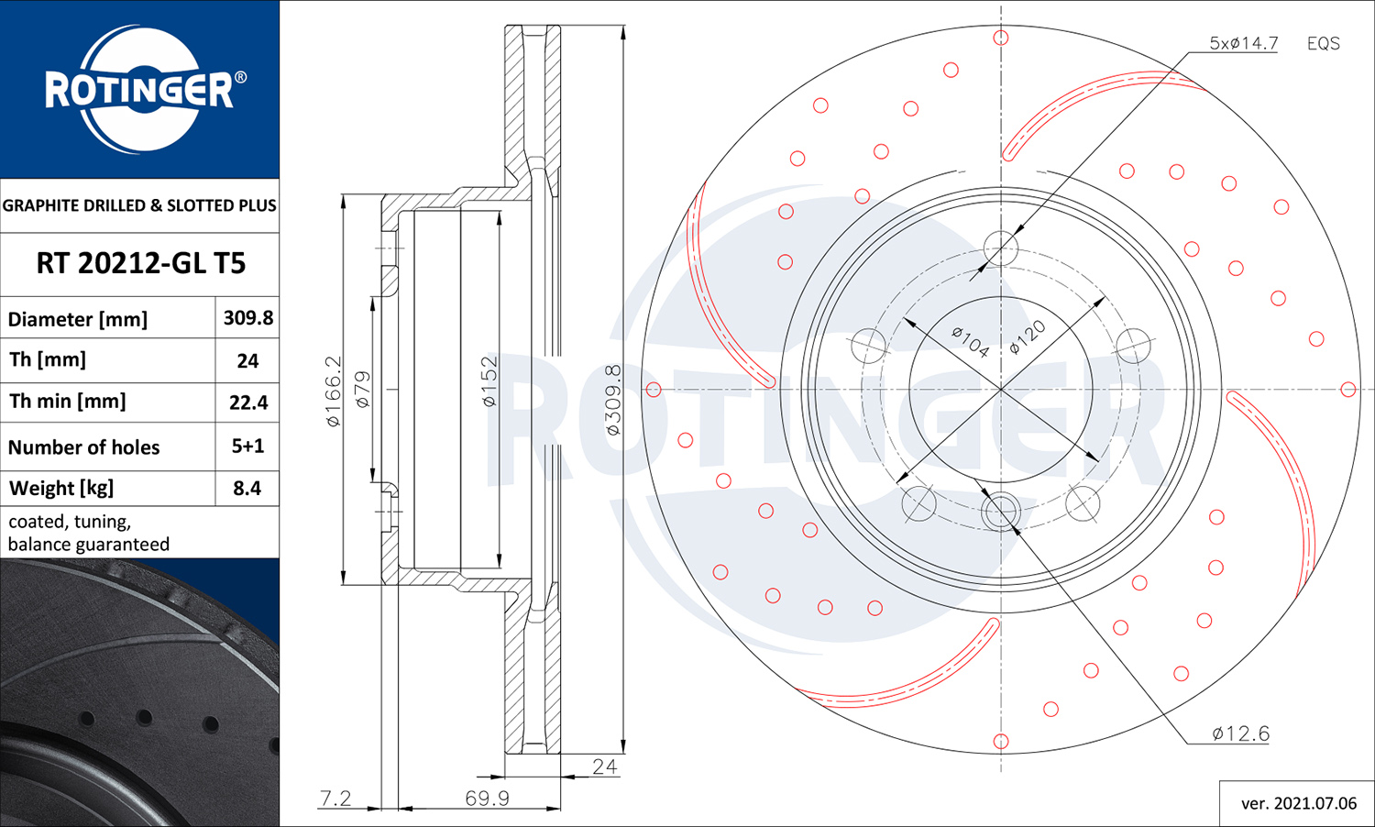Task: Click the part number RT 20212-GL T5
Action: click(x=140, y=263)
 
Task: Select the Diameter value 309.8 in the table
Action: click(x=248, y=317)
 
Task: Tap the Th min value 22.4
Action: click(x=248, y=402)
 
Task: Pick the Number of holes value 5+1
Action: click(x=247, y=446)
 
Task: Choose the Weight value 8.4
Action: click(x=247, y=488)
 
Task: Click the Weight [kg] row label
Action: click(x=61, y=489)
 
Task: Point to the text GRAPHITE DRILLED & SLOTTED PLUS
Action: click(x=139, y=205)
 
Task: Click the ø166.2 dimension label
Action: click(x=333, y=391)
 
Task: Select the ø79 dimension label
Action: click(x=363, y=390)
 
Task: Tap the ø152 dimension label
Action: click(x=489, y=381)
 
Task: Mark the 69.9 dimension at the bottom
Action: click(x=487, y=798)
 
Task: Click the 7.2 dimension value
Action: click(x=335, y=798)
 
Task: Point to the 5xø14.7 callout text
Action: click(x=1244, y=43)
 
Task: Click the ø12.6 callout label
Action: click(x=1240, y=733)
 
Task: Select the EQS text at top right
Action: click(x=1324, y=44)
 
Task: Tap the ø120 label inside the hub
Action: click(x=1028, y=337)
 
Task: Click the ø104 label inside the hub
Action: click(x=971, y=342)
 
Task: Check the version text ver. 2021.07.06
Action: click(x=1299, y=803)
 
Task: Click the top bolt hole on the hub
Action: click(x=1001, y=248)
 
